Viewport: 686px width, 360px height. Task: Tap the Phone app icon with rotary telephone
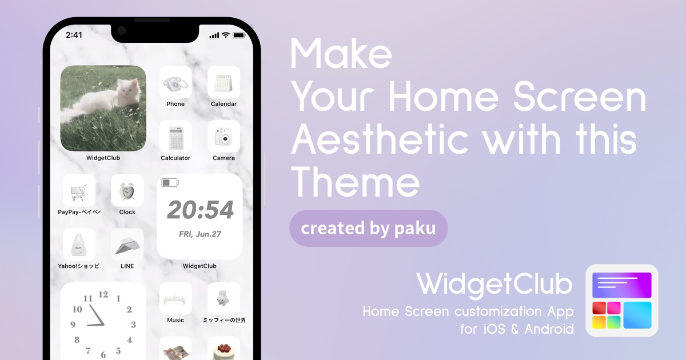point(176,82)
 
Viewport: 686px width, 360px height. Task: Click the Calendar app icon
point(224,82)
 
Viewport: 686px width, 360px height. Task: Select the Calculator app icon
point(176,137)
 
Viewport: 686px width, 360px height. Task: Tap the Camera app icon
point(224,137)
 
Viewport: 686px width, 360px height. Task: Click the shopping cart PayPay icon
point(79,191)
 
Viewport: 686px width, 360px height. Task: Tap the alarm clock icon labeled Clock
point(127,191)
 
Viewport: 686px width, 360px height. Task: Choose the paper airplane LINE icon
point(127,245)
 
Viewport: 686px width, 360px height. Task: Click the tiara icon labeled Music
point(176,299)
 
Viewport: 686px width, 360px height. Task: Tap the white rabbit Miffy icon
point(224,299)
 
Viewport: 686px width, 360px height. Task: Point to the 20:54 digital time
point(200,210)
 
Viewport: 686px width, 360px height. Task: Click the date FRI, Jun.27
point(200,234)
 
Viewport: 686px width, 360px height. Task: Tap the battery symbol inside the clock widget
point(170,183)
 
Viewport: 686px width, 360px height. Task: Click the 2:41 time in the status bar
point(74,35)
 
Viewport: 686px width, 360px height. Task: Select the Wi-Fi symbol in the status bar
point(226,35)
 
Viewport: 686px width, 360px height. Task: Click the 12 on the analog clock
point(103,294)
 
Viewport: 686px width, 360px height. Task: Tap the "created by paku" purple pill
point(368,229)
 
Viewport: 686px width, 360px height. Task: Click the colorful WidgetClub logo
point(622,301)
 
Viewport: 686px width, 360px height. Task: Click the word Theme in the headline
point(355,182)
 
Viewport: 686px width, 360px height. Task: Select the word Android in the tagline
point(549,329)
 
